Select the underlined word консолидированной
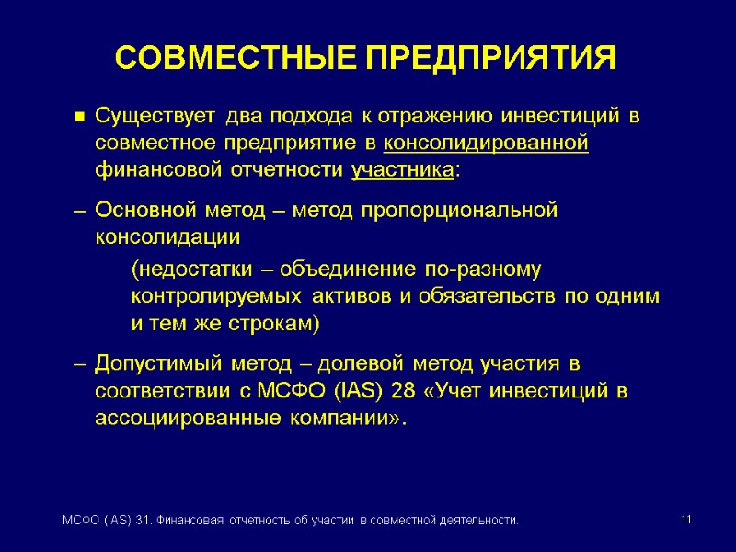pyautogui.click(x=485, y=144)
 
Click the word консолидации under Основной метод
pyautogui.click(x=167, y=236)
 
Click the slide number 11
pyautogui.click(x=685, y=521)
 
